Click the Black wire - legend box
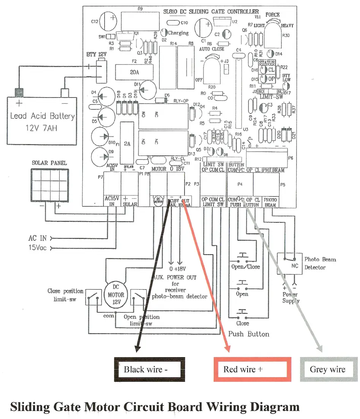(150, 369)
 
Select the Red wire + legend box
(252, 369)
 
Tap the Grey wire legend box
(328, 369)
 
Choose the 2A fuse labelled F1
(127, 144)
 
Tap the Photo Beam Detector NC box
(295, 265)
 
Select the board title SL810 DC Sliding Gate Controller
(211, 12)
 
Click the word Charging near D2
(178, 33)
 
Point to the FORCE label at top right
(273, 15)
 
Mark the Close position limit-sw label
(65, 295)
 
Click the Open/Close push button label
(246, 266)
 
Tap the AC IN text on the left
(38, 238)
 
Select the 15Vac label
(38, 248)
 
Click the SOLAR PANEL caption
(49, 163)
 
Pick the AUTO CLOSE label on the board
(212, 49)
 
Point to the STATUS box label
(267, 63)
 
